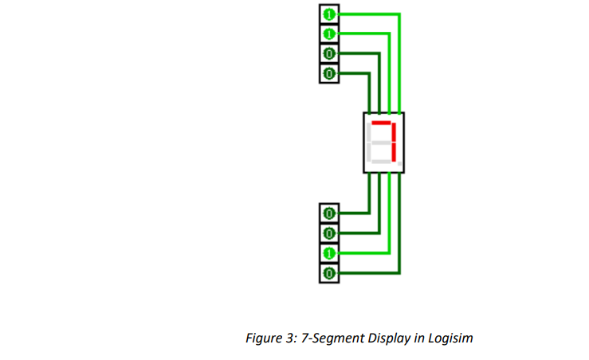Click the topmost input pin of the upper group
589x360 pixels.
tap(328, 14)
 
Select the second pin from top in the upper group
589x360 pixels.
tap(328, 34)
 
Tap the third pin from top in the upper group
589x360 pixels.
tap(328, 54)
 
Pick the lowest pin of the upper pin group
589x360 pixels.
tap(328, 74)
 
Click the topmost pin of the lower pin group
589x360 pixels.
tap(328, 213)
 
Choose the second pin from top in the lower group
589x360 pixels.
tap(328, 233)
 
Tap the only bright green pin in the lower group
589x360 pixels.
tap(328, 253)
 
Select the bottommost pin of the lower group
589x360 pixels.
tap(328, 273)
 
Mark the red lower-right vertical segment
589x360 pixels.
tap(393, 152)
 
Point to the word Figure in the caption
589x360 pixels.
tap(264, 338)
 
